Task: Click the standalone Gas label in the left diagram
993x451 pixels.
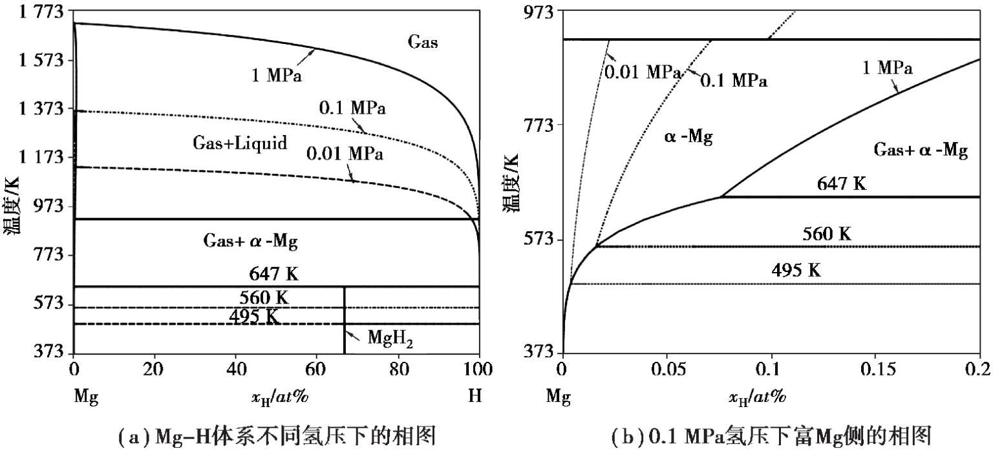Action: tap(423, 43)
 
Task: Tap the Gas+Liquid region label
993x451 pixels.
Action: tap(240, 143)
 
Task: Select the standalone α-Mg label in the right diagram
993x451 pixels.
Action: tap(689, 138)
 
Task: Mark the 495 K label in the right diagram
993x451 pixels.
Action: tap(796, 270)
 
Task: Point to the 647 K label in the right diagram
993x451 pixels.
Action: tap(841, 184)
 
